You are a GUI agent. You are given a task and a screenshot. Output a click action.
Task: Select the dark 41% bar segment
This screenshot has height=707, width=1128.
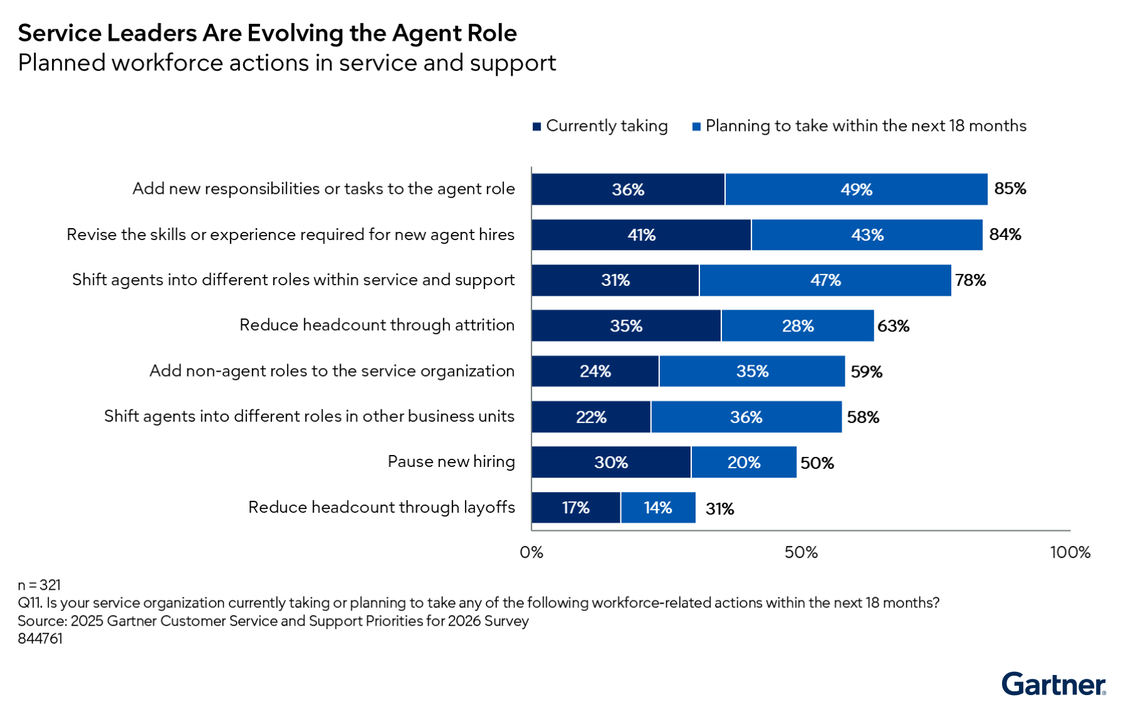coord(641,235)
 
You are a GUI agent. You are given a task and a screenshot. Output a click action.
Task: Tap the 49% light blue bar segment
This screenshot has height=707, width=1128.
coord(856,189)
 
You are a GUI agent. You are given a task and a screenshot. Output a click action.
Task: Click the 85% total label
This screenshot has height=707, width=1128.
coord(1010,189)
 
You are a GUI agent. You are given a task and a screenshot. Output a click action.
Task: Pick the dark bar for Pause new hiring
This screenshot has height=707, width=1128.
coord(611,463)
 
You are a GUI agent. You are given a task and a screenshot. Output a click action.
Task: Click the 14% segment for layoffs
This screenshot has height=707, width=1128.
coord(658,508)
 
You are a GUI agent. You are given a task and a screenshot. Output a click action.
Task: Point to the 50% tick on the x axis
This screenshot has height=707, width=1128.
coord(801,552)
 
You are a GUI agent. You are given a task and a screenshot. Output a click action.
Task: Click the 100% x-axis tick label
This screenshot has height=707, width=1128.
coord(1070,552)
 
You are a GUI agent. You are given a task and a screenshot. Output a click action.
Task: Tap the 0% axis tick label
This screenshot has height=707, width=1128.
coord(531,552)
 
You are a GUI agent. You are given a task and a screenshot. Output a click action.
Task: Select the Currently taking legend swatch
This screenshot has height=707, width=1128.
coord(536,127)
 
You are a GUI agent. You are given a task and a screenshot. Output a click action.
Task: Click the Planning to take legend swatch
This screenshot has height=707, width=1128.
coord(696,127)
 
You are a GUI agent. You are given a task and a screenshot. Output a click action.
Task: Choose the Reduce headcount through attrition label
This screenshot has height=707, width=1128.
coord(377,325)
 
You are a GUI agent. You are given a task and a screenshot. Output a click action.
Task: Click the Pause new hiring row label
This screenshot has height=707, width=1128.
coord(451,461)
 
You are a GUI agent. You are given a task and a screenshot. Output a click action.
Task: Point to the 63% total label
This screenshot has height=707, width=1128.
coord(893,326)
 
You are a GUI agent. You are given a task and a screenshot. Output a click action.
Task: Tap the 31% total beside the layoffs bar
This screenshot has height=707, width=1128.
coord(719,508)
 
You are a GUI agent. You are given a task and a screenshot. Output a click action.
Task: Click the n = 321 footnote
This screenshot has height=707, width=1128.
coord(39,585)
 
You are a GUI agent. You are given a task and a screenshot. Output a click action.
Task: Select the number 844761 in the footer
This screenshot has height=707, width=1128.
coord(40,639)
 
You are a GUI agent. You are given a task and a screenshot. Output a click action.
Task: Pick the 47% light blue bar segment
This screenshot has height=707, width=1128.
coord(825,280)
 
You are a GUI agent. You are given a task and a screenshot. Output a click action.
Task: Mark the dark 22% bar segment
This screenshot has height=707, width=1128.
coord(591,417)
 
